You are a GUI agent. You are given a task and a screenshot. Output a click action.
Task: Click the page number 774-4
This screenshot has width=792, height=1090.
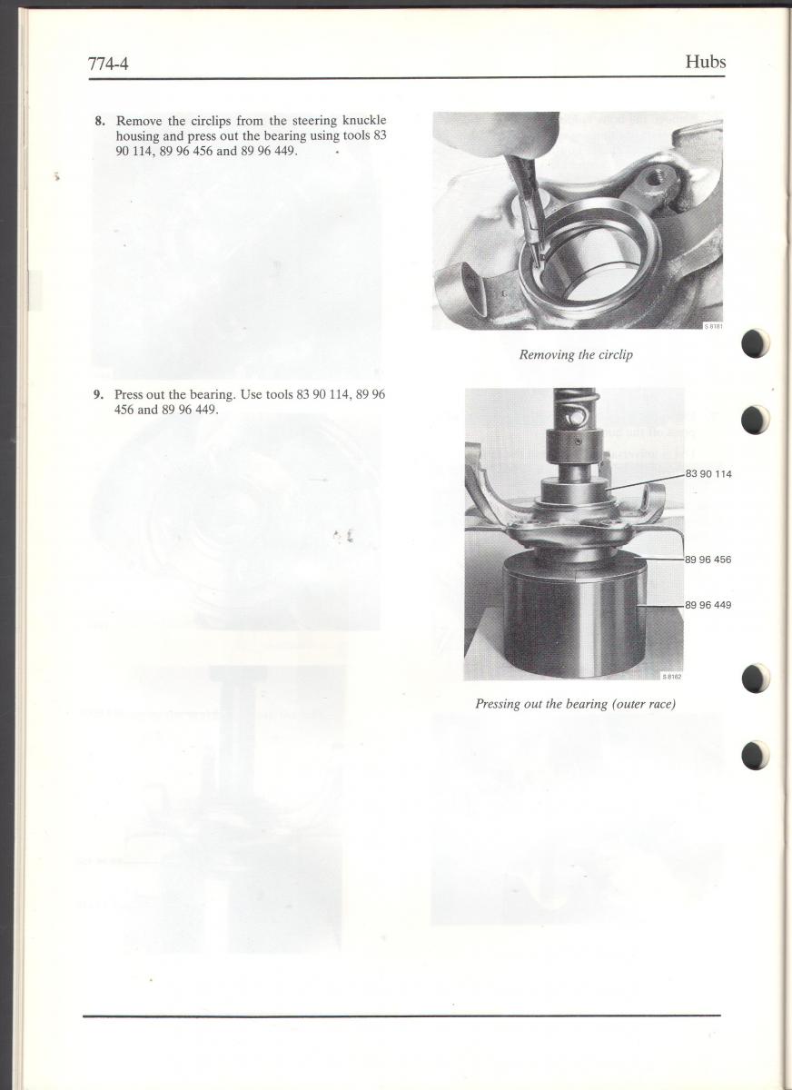pos(108,64)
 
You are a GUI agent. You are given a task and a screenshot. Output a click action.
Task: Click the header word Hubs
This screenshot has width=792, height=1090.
pos(706,62)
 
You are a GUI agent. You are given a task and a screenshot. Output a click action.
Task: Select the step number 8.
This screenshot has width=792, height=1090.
pos(100,120)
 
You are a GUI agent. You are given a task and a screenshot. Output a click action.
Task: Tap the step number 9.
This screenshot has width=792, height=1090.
pos(99,394)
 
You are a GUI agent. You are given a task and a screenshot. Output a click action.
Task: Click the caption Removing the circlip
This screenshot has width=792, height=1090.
pos(576,355)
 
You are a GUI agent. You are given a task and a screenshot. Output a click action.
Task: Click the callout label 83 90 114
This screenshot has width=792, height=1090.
pos(708,474)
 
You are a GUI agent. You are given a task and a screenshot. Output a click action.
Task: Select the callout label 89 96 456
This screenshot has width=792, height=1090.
pos(708,560)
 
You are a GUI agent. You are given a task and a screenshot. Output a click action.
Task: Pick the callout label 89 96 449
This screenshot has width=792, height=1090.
pos(708,605)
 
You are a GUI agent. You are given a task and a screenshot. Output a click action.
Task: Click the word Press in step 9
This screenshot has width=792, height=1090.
pos(128,394)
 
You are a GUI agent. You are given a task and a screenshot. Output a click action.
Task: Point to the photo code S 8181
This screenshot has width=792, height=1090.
pos(713,326)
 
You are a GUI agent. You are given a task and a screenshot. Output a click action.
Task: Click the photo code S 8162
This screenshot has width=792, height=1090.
pos(671,677)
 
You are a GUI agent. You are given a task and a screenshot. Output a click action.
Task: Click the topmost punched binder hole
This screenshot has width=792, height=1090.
pos(755,343)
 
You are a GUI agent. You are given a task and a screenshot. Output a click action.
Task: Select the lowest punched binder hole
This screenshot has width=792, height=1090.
pos(755,755)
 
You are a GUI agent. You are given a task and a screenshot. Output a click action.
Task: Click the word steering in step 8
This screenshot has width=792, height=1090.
pos(314,121)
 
